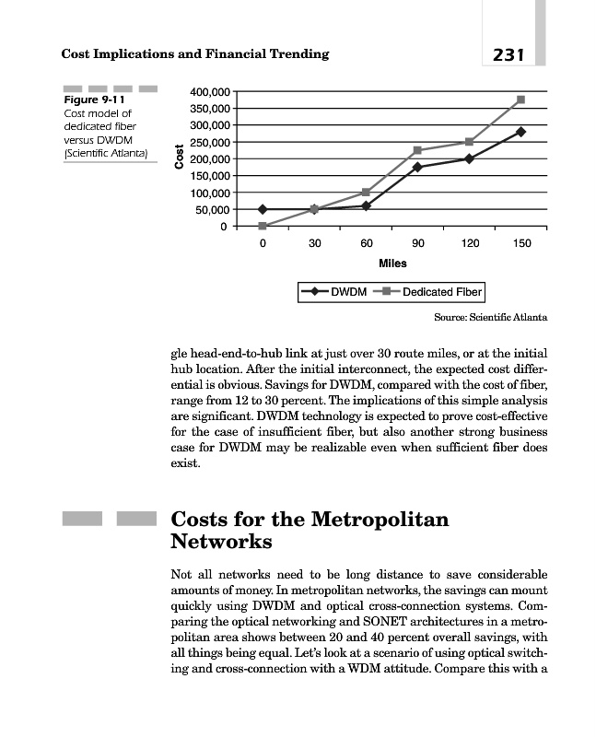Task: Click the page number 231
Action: (x=508, y=54)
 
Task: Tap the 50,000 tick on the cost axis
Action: (x=211, y=209)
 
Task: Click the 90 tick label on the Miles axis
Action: (x=418, y=244)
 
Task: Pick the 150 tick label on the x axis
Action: (x=521, y=244)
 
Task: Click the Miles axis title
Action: (x=392, y=263)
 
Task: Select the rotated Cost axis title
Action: (x=179, y=158)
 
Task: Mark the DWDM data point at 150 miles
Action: (x=521, y=132)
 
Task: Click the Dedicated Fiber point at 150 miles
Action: (x=521, y=99)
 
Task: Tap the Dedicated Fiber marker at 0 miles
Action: (x=263, y=226)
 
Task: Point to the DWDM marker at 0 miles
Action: (x=263, y=209)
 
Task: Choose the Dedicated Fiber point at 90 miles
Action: (x=418, y=150)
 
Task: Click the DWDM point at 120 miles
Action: (x=470, y=158)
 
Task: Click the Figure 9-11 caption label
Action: (x=94, y=99)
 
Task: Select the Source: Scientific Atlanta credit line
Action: (x=490, y=318)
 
